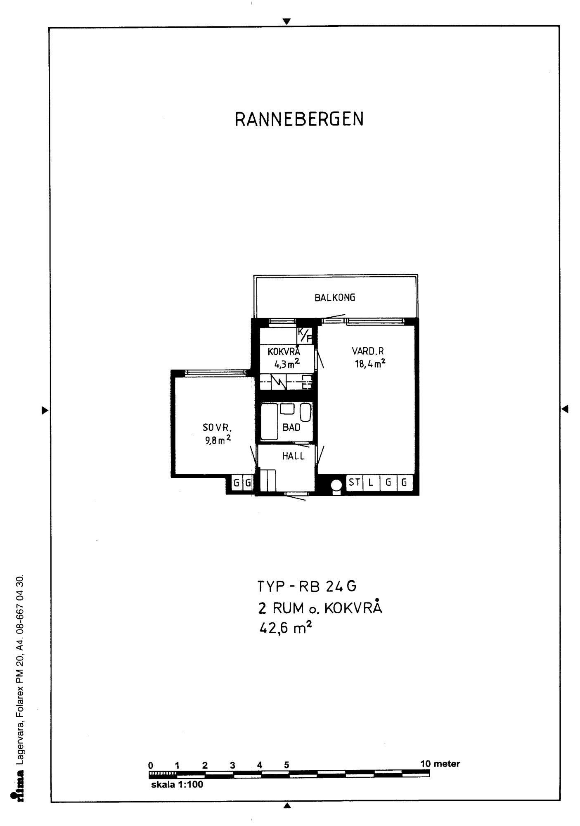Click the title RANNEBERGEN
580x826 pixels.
coord(299,119)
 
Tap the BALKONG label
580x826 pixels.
coord(335,297)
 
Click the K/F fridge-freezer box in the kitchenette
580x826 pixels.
coord(305,335)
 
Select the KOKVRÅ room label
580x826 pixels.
coord(284,351)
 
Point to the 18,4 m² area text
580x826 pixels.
coord(370,363)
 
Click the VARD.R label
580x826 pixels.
coord(368,351)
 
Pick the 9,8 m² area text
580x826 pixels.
coord(218,440)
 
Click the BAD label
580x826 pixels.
coord(291,427)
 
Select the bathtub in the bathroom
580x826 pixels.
coord(269,422)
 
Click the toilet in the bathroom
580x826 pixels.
coord(305,412)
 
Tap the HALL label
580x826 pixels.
coord(294,456)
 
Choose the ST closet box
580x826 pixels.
coord(354,482)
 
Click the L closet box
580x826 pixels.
coord(371,482)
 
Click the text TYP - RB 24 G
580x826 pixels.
coord(307,586)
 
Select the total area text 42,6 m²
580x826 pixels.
coord(285,629)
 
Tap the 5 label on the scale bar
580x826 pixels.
coord(286,765)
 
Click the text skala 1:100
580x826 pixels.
coord(177,784)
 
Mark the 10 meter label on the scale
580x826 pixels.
coord(440,764)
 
